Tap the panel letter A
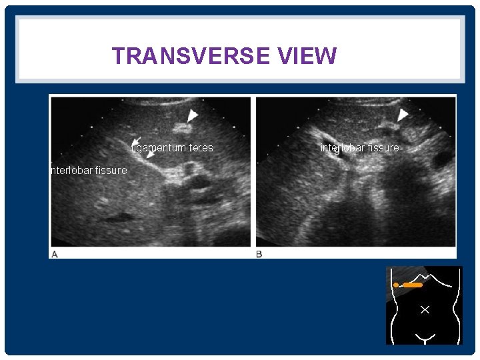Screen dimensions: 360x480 tap(54, 254)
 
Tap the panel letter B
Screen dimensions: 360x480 tap(259, 254)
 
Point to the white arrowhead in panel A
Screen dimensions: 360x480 tap(193, 116)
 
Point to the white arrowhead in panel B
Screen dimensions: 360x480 tap(402, 114)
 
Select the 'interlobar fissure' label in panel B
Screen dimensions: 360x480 tap(360, 147)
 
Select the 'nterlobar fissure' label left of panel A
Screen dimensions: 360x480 tap(88, 171)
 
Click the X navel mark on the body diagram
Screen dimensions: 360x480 tap(425, 309)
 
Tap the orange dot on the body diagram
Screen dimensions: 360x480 tap(396, 285)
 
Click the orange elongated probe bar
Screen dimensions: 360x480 tap(413, 285)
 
